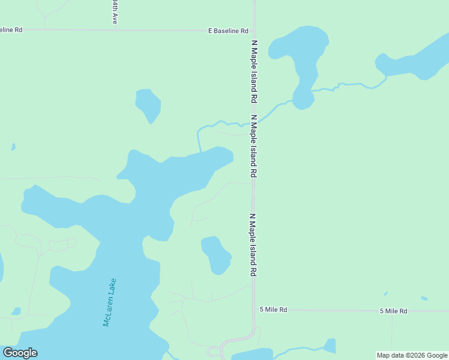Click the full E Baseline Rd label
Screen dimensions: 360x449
coord(228,31)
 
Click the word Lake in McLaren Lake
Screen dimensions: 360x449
coord(112,287)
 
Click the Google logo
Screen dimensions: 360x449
coord(20,353)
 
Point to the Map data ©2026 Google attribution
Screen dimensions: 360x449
coord(412,355)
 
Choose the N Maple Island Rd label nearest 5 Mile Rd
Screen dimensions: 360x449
coord(253,245)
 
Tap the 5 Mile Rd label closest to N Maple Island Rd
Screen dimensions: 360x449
coord(273,310)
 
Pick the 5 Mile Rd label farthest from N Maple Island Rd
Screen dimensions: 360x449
coord(393,311)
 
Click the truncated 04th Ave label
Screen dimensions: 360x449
coord(114,12)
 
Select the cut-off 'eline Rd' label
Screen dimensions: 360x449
coord(11,29)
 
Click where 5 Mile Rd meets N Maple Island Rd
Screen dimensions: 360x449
coord(255,310)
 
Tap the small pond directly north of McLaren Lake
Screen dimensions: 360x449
coord(148,104)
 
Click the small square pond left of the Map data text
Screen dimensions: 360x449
coord(330,346)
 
